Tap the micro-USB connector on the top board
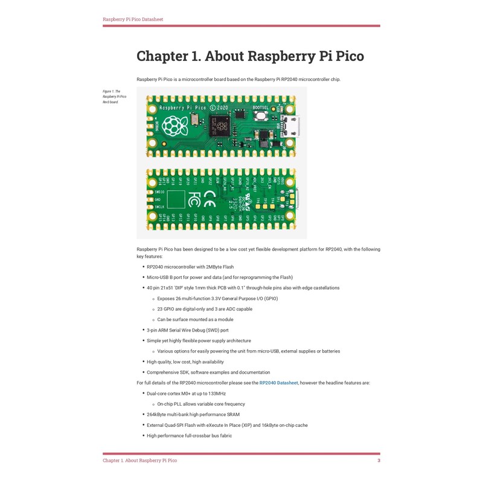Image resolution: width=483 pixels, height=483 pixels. point(292,126)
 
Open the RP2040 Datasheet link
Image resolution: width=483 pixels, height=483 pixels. point(278,383)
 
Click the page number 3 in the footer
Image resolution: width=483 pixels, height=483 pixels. point(379,461)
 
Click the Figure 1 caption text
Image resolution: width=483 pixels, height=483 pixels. point(114,97)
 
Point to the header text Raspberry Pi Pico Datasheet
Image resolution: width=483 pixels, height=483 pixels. point(133,19)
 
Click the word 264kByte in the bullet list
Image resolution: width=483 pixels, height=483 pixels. point(158,415)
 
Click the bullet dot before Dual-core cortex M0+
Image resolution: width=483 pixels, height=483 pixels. point(142,393)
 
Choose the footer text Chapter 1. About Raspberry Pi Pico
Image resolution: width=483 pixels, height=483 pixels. point(139,461)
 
